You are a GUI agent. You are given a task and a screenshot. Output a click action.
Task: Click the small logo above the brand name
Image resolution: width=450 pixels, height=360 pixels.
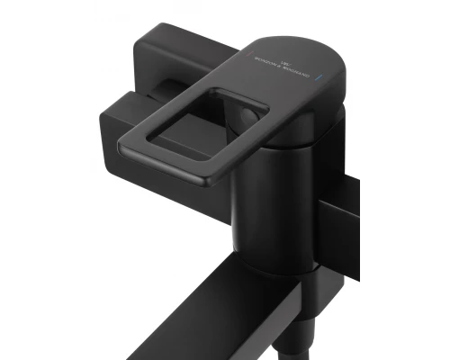tap(277, 58)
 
